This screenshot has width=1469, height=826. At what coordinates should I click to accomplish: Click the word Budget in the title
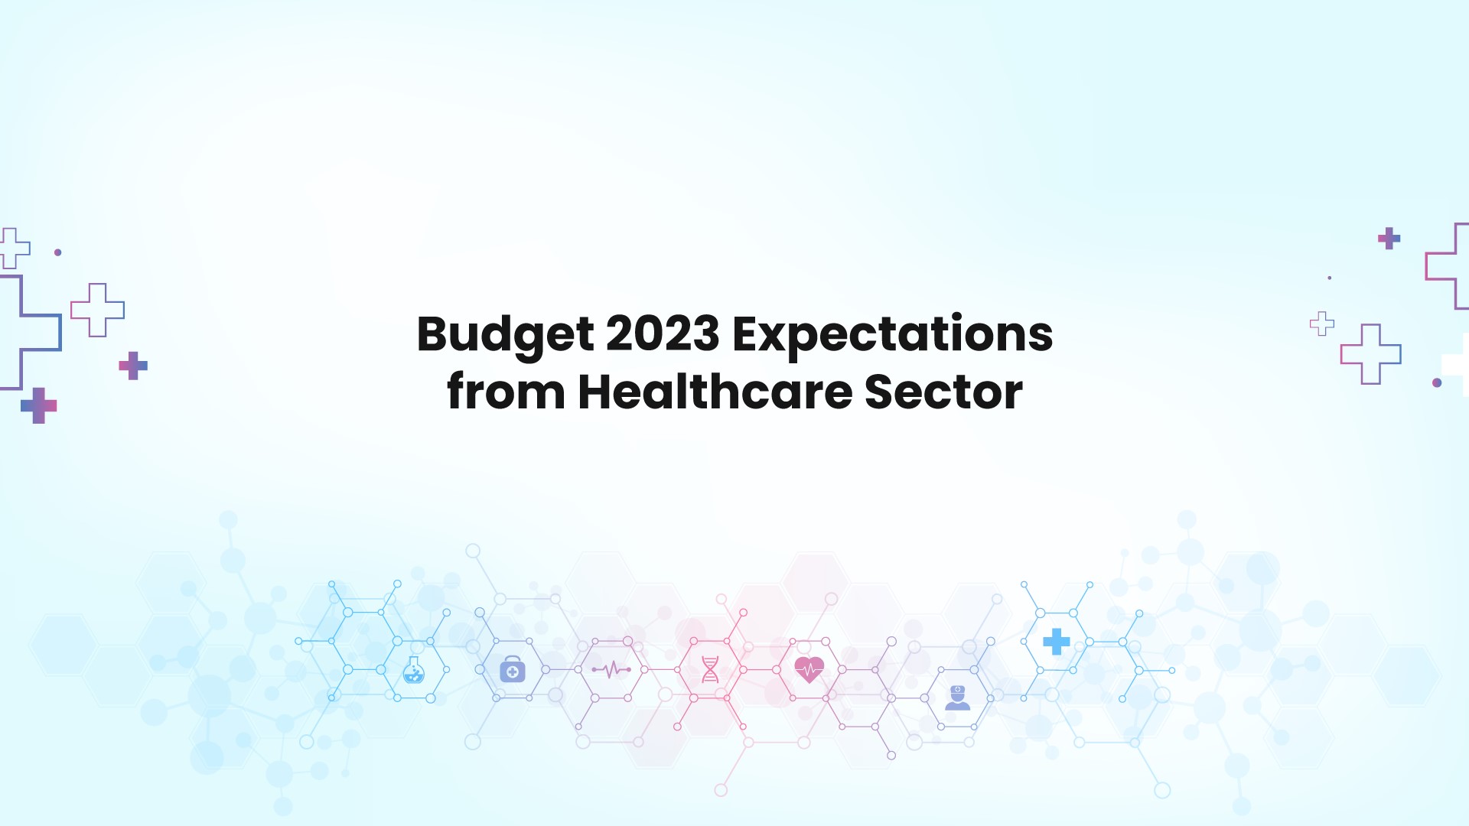click(505, 334)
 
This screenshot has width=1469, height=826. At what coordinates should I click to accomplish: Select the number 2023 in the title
click(663, 334)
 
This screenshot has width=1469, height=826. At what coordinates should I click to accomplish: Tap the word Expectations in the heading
click(892, 334)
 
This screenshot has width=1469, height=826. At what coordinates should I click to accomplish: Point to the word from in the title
click(506, 392)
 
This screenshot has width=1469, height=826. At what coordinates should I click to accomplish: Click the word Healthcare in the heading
click(715, 392)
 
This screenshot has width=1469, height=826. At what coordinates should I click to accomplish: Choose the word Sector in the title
click(943, 392)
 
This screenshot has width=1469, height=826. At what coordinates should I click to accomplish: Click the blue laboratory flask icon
click(414, 671)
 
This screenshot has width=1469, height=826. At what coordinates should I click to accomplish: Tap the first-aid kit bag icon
click(513, 670)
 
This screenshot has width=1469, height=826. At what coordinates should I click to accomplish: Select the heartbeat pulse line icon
click(611, 670)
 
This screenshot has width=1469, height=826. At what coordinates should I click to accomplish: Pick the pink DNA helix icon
click(710, 670)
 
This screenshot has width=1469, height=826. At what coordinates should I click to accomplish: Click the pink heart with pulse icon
click(809, 670)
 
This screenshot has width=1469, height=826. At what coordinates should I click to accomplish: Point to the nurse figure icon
click(957, 698)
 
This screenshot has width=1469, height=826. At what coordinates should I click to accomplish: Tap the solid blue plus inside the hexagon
click(1057, 642)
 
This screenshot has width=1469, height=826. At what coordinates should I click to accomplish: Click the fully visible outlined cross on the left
click(97, 310)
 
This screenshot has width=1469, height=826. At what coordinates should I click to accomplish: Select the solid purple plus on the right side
click(1389, 239)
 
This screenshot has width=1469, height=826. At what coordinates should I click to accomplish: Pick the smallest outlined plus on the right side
click(1321, 324)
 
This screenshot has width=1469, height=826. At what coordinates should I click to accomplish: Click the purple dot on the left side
click(58, 252)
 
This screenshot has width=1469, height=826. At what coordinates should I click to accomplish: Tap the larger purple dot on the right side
click(1437, 382)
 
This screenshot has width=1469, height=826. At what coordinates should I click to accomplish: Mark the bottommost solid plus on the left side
click(39, 405)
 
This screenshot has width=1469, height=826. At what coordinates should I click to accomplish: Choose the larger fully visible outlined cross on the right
click(1370, 354)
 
